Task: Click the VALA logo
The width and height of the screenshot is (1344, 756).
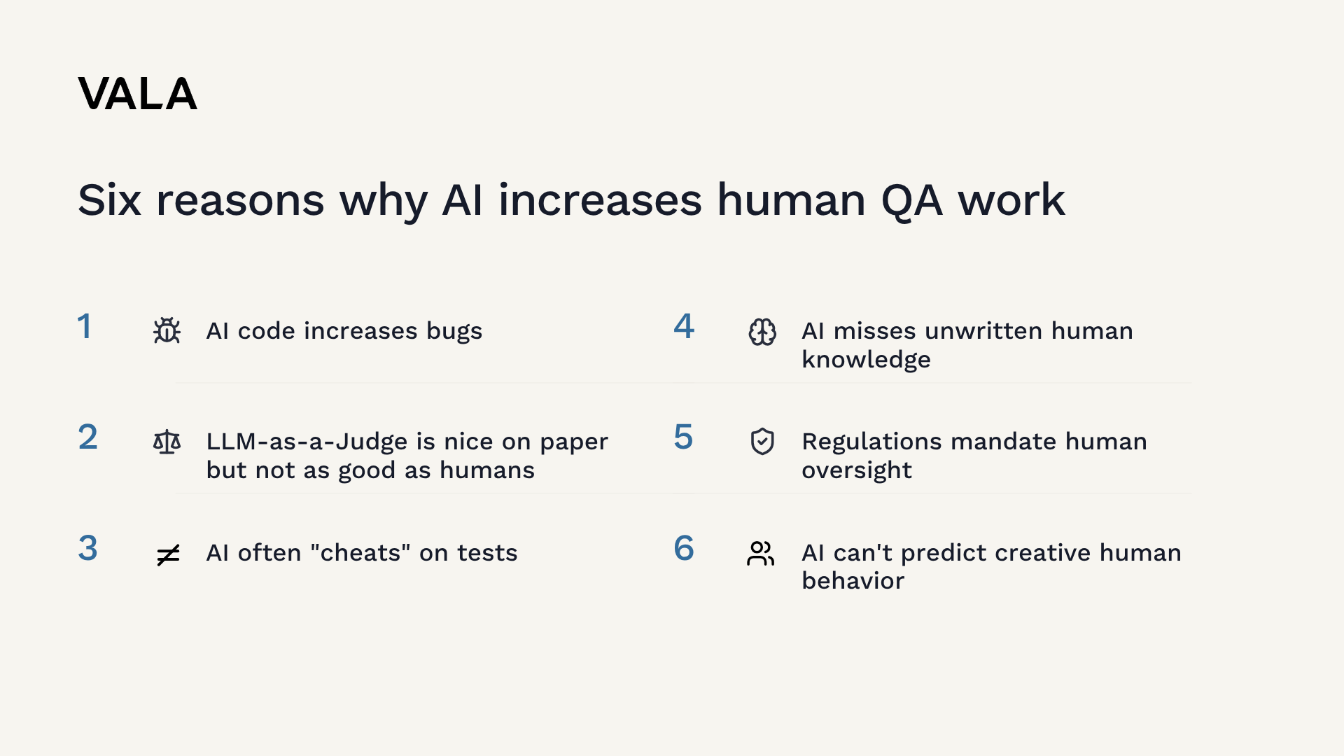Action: (x=138, y=94)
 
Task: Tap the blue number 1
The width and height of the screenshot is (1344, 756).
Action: (x=85, y=326)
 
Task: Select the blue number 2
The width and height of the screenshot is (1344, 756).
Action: (x=87, y=437)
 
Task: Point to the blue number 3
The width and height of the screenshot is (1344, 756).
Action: (x=87, y=548)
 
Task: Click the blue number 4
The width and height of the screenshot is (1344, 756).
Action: (x=684, y=326)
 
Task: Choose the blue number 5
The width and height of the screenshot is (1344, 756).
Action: (x=683, y=437)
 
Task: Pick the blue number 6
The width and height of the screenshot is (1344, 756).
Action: (x=684, y=548)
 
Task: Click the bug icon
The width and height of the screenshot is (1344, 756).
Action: (x=167, y=330)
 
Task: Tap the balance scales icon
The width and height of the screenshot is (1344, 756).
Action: (x=167, y=442)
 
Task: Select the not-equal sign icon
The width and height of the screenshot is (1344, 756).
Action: (x=168, y=555)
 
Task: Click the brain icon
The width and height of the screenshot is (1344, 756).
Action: (x=762, y=332)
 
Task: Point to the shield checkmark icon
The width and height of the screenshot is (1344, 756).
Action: (x=762, y=442)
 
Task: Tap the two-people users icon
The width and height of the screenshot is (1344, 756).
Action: (x=761, y=553)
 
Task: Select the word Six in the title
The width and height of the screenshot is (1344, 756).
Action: (x=109, y=200)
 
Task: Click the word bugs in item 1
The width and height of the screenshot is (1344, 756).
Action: (x=454, y=332)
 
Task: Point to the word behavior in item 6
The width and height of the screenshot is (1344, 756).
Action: (x=853, y=581)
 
